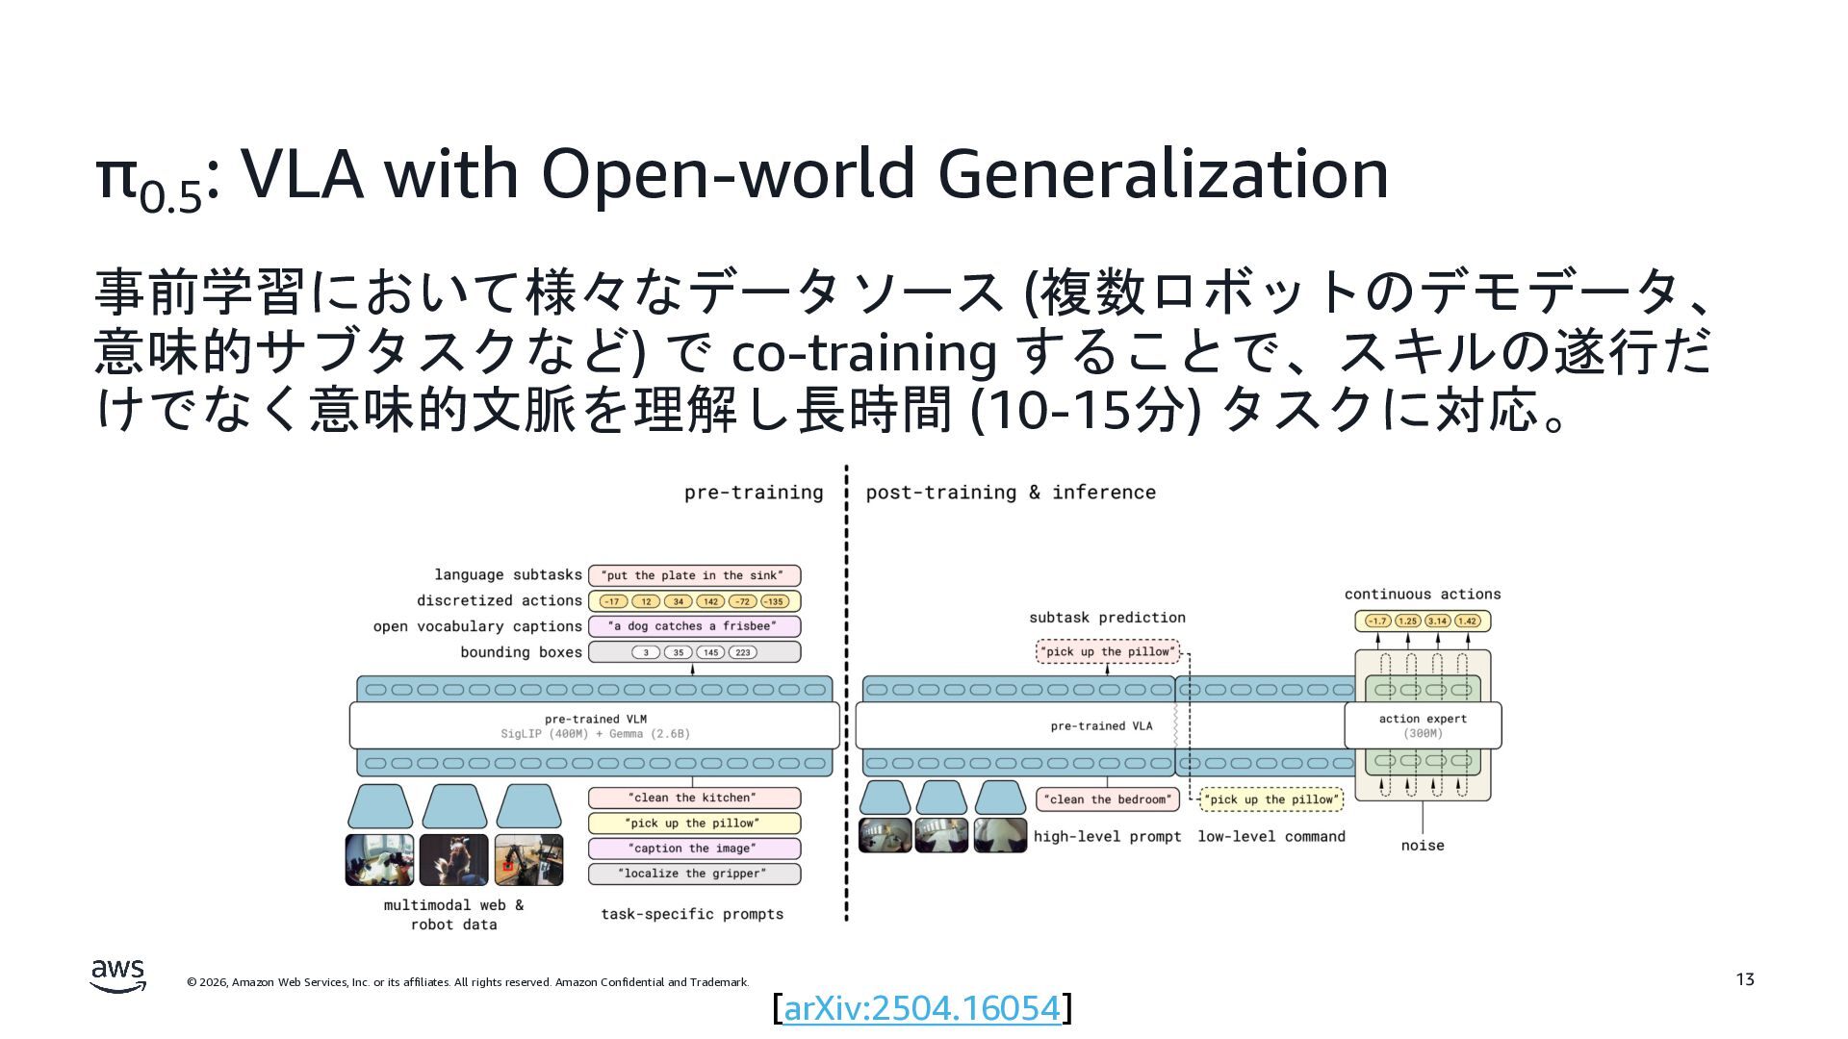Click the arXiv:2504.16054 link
tap(921, 1008)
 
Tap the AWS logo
tap(118, 976)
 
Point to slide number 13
tap(1745, 979)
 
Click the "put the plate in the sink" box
tap(693, 575)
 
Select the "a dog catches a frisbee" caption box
tap(693, 626)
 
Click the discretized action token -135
tap(774, 601)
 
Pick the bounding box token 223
tap(743, 652)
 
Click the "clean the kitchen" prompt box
tap(693, 798)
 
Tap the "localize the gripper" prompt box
tap(693, 874)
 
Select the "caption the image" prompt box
tap(693, 849)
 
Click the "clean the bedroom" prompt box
tap(1108, 799)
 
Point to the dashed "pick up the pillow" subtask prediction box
tap(1108, 652)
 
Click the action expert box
tap(1423, 725)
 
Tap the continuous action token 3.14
tap(1438, 621)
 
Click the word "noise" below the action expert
tap(1423, 846)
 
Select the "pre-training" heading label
tap(754, 493)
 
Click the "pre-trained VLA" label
tap(1101, 726)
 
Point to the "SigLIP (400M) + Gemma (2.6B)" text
tap(595, 734)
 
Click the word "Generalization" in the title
tap(1163, 174)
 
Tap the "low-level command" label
tap(1270, 837)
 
